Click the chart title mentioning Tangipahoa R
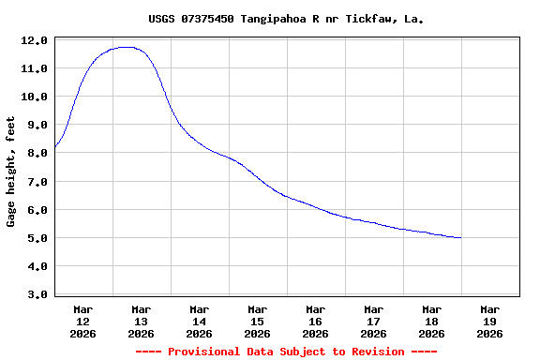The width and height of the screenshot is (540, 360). pos(286,19)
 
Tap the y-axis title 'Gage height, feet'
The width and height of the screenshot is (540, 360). pos(11,179)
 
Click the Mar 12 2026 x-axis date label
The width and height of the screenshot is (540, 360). pos(83,321)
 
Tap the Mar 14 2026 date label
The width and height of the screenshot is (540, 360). pos(200,321)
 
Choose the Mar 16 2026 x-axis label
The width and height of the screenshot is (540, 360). pos(316,321)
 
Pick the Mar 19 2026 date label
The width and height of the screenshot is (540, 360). pos(490,321)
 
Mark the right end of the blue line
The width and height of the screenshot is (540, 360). pos(461,237)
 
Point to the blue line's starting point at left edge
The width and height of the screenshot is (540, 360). pos(55,147)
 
